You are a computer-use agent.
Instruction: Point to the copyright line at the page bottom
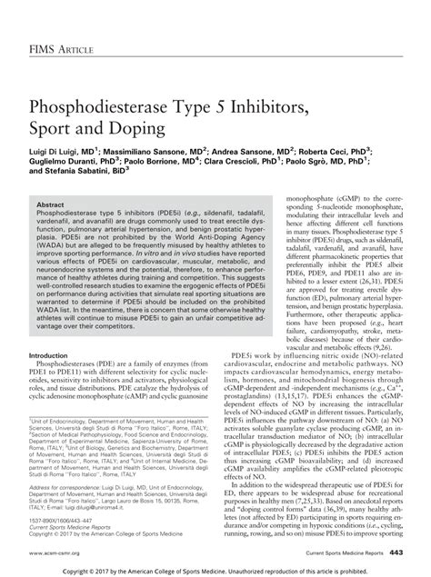tap(215, 569)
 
